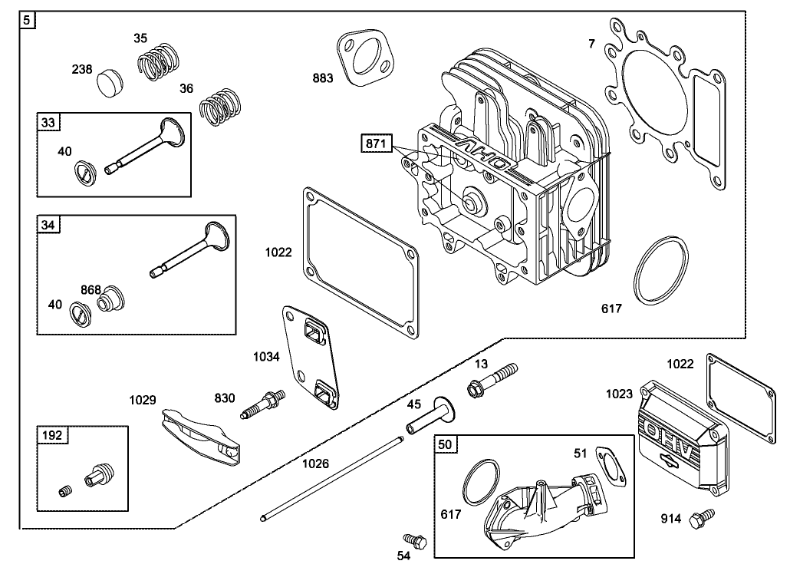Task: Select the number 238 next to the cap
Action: tap(82, 69)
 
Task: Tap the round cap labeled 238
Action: tap(111, 81)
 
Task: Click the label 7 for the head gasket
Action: tap(591, 44)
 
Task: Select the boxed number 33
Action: tap(48, 121)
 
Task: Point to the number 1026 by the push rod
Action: tap(315, 463)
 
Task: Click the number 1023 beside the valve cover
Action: tap(617, 394)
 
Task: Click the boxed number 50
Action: tap(445, 444)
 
